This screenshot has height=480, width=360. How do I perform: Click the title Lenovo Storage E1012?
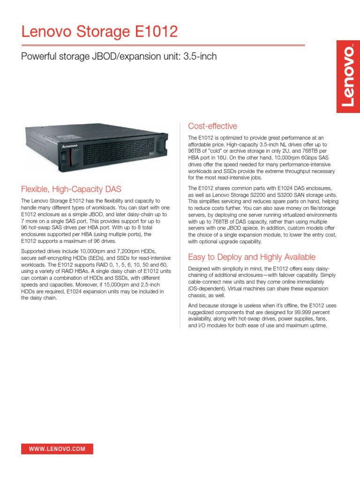point(99,32)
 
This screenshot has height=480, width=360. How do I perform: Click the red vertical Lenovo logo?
point(348,76)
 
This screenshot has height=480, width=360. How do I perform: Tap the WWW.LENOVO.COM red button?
point(57,449)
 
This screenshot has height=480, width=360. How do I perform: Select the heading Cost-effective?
point(212,126)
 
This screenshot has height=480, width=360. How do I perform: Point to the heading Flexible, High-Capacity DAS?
point(71,189)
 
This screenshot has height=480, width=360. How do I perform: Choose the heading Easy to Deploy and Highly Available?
point(252,257)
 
